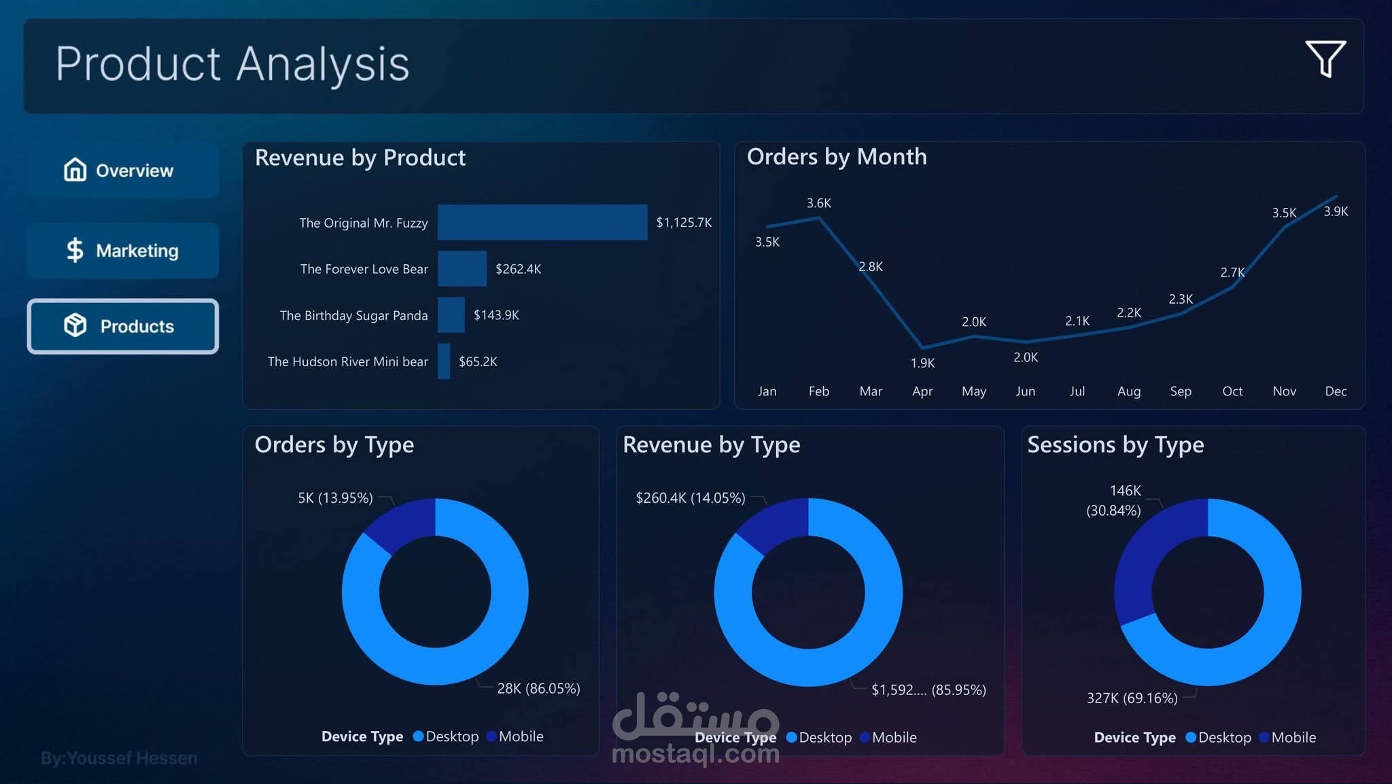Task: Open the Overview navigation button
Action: pos(122,170)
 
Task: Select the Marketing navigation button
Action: pos(122,251)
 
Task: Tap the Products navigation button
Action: pos(122,326)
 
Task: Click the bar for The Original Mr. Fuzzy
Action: pos(542,222)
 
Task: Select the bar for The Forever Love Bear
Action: pos(462,268)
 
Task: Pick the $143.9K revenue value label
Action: pos(496,315)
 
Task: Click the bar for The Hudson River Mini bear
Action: pos(444,361)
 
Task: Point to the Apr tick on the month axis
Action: pos(922,391)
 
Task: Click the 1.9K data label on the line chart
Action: pos(922,363)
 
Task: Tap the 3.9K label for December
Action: pos(1336,211)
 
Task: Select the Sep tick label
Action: pos(1181,391)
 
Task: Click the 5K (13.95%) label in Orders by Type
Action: pos(335,498)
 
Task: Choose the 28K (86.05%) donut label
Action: pos(538,688)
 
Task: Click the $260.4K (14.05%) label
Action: pos(690,498)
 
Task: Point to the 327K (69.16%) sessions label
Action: pos(1132,698)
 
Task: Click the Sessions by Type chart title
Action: pos(1115,445)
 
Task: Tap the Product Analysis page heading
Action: pos(232,64)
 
